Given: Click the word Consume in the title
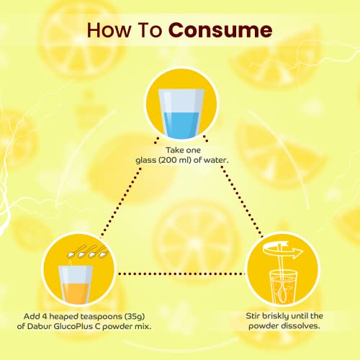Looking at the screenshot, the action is pyautogui.click(x=220, y=30).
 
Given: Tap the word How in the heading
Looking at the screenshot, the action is pyautogui.click(x=109, y=30).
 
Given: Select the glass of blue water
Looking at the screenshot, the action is pyautogui.click(x=181, y=114).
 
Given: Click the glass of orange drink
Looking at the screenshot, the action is pyautogui.click(x=76, y=285).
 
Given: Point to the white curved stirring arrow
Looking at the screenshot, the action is pyautogui.click(x=283, y=251).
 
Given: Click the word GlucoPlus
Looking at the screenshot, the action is pyautogui.click(x=74, y=326).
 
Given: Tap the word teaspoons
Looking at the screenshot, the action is pyautogui.click(x=101, y=316).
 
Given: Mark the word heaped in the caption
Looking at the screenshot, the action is pyautogui.click(x=63, y=316).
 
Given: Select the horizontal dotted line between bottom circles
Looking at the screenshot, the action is pyautogui.click(x=181, y=274).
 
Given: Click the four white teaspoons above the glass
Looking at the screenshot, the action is pyautogui.click(x=88, y=251).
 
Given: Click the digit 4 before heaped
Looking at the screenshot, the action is pyautogui.click(x=44, y=316).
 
